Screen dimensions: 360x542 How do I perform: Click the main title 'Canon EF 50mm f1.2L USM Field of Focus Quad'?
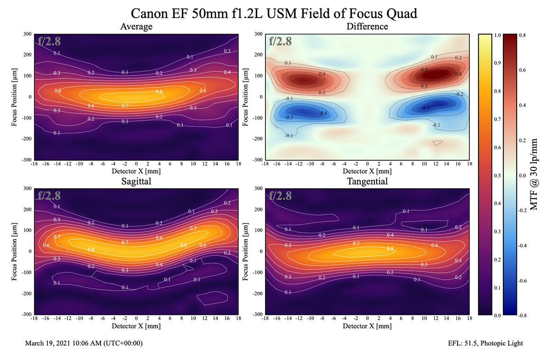[274, 13]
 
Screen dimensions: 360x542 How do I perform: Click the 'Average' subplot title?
[136, 27]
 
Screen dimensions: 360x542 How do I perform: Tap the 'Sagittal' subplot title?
[136, 182]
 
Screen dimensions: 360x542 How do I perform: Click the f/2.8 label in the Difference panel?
[280, 41]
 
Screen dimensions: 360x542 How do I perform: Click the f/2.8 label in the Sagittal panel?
[49, 196]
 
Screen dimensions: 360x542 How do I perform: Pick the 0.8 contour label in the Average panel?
[159, 92]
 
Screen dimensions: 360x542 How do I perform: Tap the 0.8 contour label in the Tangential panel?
[390, 248]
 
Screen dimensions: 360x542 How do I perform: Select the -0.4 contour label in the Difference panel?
[323, 113]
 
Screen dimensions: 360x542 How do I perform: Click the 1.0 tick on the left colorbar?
[498, 34]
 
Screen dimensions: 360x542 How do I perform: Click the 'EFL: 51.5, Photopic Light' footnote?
[486, 343]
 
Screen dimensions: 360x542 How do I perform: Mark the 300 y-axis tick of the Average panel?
[27, 34]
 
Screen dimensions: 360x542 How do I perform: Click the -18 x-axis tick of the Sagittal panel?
[34, 318]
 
